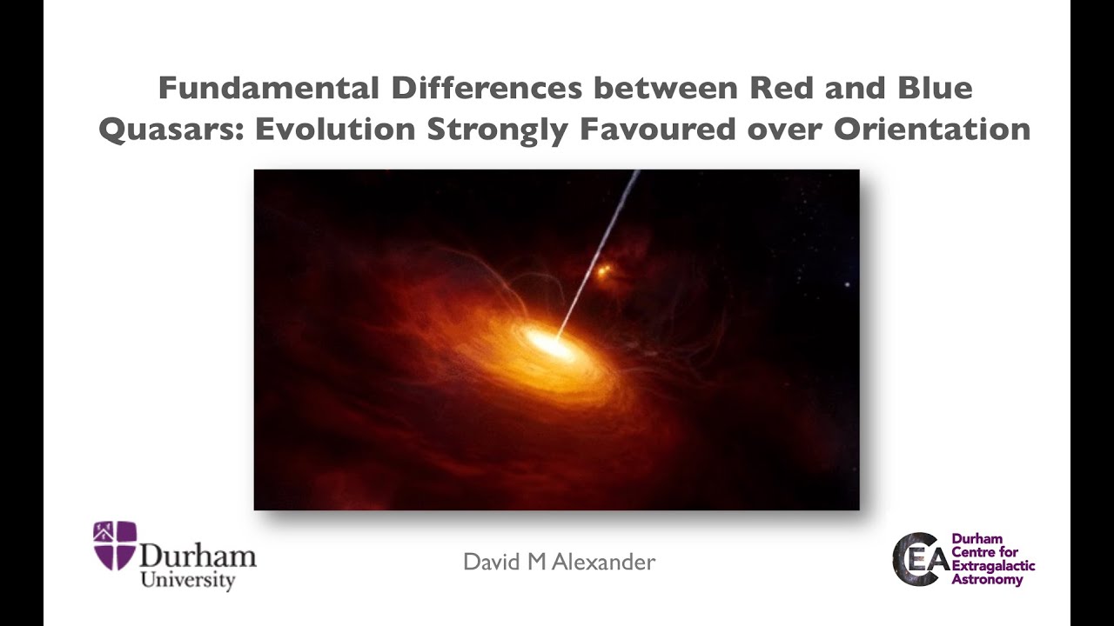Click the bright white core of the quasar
click(x=549, y=343)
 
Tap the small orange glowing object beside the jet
click(x=601, y=273)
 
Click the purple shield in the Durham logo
click(x=115, y=545)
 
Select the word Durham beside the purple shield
click(x=198, y=556)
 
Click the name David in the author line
click(x=491, y=563)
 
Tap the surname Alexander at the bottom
click(x=607, y=563)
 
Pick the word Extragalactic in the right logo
click(x=992, y=567)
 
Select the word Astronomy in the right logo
click(x=987, y=580)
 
